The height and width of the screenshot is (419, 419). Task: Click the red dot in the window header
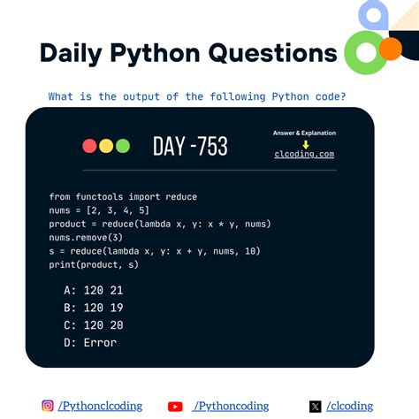[x=89, y=146]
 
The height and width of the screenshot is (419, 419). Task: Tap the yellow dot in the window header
[x=106, y=146]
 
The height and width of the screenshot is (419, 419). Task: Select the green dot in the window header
[x=122, y=146]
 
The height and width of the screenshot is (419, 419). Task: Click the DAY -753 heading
[x=189, y=147]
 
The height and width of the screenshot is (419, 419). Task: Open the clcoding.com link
[x=305, y=155]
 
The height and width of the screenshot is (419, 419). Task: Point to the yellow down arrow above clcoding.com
[x=305, y=143]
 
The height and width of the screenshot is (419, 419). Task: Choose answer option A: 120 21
[x=96, y=290]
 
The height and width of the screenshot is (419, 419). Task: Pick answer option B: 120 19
[x=96, y=308]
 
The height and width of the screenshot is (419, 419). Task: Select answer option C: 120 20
[x=96, y=324]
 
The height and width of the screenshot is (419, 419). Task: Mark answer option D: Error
[x=90, y=342]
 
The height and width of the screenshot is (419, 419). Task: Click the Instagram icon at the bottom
[x=48, y=407]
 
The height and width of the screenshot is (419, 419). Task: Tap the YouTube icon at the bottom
[x=175, y=407]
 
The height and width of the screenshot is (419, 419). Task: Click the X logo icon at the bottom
[x=316, y=407]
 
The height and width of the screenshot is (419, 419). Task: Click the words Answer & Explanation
[x=305, y=133]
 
